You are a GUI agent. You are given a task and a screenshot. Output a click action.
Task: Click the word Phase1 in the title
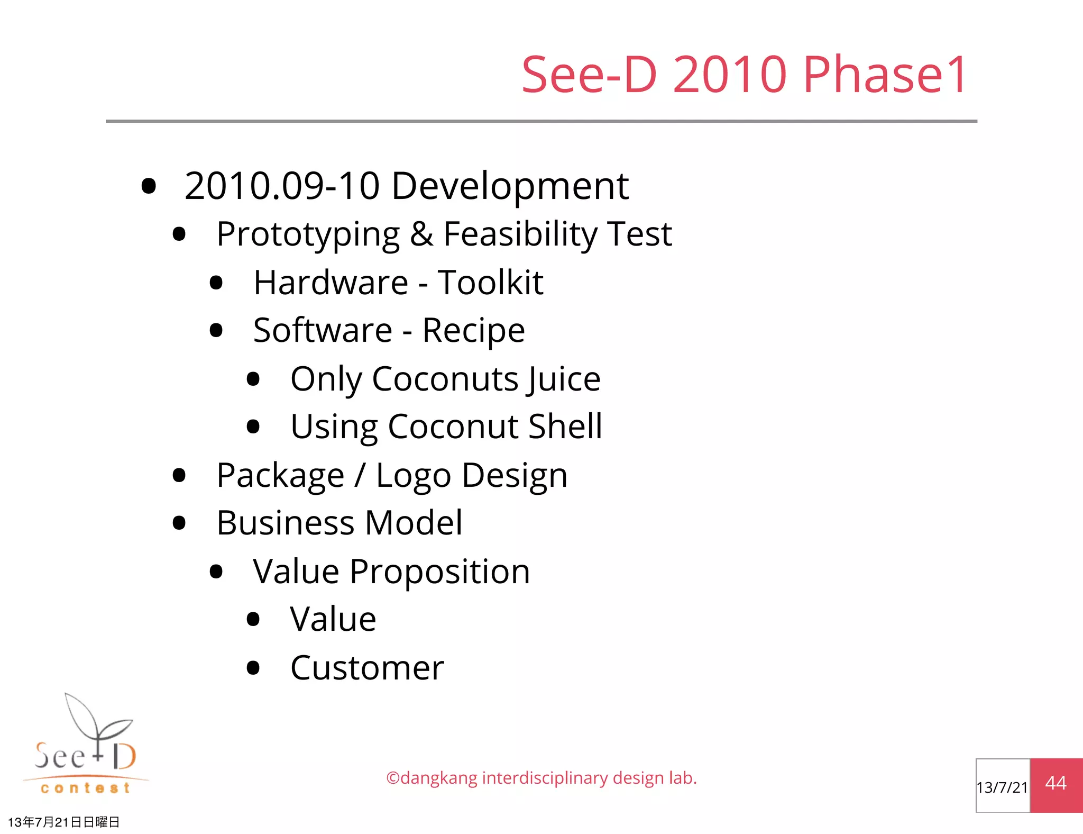click(x=885, y=75)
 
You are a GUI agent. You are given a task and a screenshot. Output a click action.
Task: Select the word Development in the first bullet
click(x=510, y=187)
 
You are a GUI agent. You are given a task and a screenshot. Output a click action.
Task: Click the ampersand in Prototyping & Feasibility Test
click(x=421, y=234)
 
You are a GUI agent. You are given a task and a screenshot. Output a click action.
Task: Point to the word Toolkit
click(x=490, y=282)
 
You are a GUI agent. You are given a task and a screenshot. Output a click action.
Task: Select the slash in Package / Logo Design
click(x=360, y=475)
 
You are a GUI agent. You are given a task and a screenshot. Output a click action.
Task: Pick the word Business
click(x=286, y=523)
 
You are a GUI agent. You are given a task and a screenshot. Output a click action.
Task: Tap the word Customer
click(x=367, y=668)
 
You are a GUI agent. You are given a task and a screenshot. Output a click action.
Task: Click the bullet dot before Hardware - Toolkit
click(x=216, y=283)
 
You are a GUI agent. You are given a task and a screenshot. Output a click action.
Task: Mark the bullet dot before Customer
click(x=253, y=668)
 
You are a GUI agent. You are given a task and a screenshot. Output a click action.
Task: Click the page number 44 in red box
click(x=1056, y=783)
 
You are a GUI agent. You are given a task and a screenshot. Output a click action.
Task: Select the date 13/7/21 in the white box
click(x=1002, y=787)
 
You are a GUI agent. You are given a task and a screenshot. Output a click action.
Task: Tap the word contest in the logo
click(x=85, y=788)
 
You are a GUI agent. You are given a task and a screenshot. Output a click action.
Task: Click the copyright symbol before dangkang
click(x=393, y=778)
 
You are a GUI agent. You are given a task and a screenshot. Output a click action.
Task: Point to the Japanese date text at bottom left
click(x=63, y=822)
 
